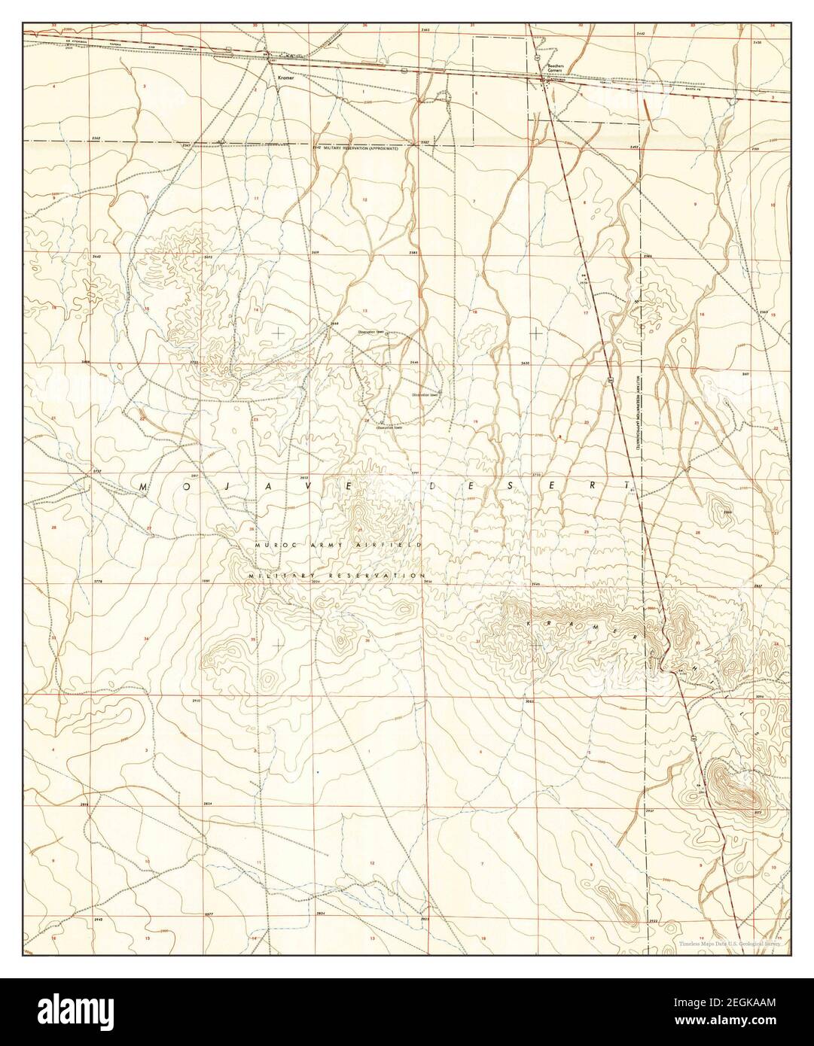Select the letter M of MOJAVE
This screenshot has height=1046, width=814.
142,488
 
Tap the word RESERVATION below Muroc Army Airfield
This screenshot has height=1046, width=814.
374,575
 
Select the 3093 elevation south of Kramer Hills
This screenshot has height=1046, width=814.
529,701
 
